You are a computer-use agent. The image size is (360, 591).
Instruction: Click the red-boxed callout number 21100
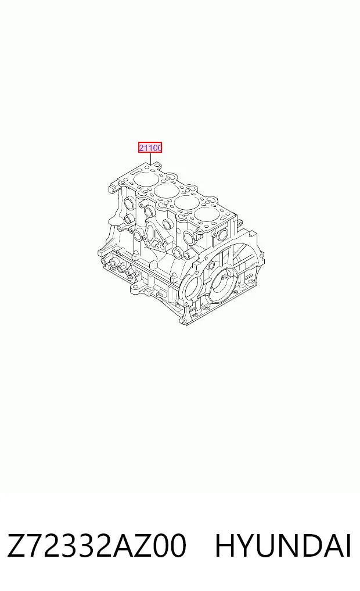point(150,148)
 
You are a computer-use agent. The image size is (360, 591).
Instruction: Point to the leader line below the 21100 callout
point(150,159)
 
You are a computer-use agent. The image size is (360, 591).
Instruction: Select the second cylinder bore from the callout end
point(166,191)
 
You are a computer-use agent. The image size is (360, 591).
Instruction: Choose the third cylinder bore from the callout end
point(187,203)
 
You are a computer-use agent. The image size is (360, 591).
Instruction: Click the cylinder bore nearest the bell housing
point(207,216)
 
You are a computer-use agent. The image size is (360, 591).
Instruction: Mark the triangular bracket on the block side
point(156,237)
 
